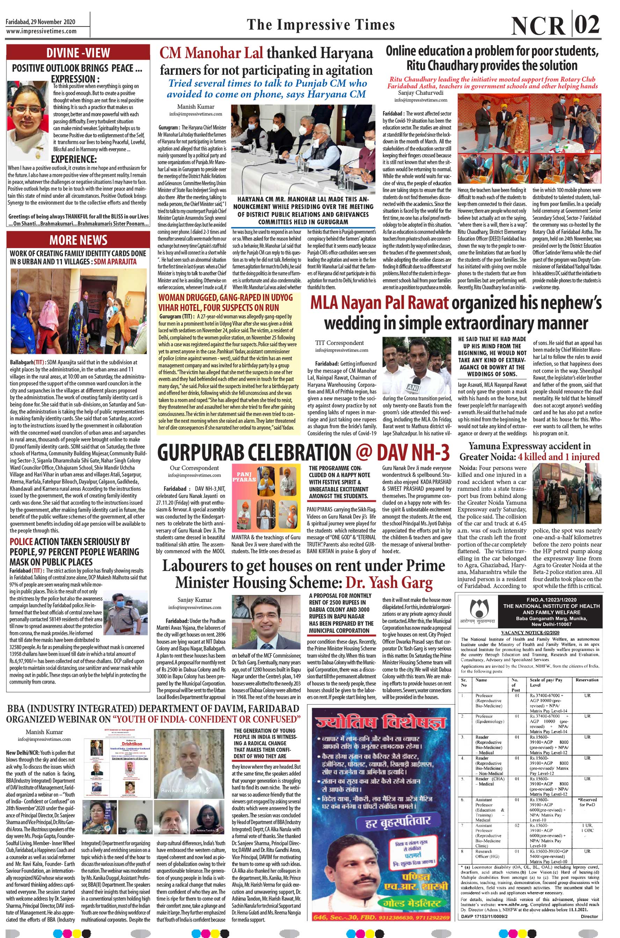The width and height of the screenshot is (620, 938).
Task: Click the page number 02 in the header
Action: [587, 26]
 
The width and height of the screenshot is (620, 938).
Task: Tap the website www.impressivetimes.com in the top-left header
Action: [41, 31]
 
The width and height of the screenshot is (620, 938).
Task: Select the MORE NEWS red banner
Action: [78, 240]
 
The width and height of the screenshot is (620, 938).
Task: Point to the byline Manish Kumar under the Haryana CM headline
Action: [196, 107]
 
